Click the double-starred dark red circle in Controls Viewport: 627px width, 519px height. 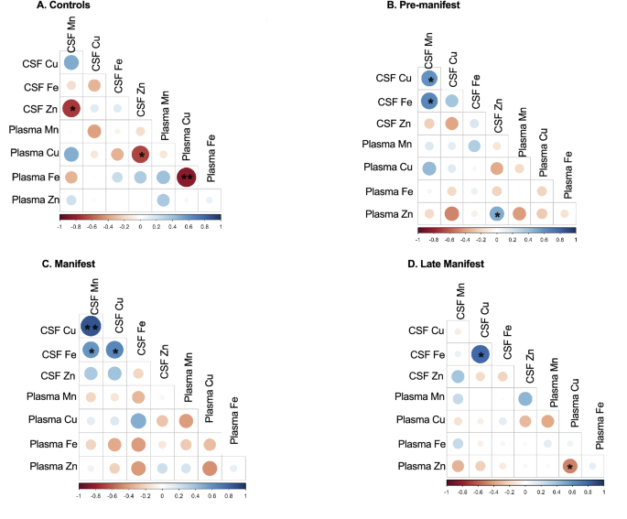pos(188,177)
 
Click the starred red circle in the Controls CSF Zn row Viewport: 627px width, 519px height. pos(70,109)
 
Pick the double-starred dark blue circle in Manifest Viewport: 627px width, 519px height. pos(92,326)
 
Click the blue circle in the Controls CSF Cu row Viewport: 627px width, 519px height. pos(70,63)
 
